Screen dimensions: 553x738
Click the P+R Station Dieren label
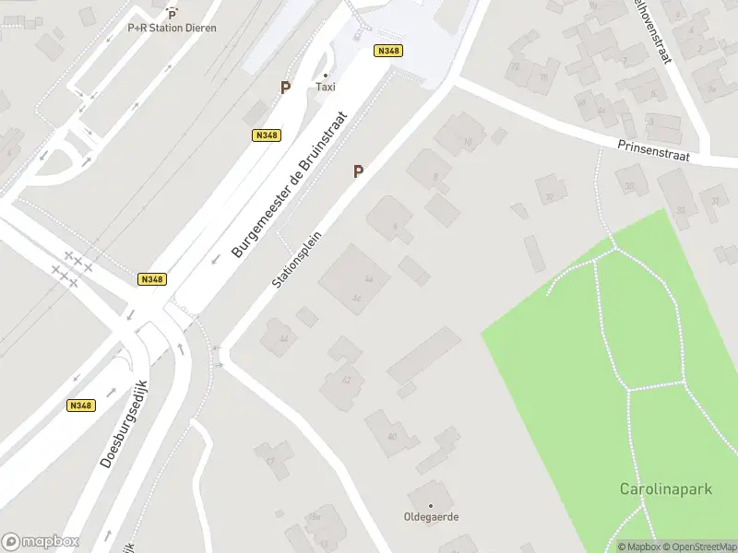click(172, 28)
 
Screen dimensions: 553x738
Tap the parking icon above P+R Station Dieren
click(172, 13)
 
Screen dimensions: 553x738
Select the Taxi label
click(326, 87)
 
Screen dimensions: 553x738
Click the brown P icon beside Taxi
click(286, 88)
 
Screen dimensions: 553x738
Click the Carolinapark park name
click(665, 488)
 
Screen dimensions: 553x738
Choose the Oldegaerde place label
click(431, 517)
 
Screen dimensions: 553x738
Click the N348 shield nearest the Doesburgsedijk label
click(81, 405)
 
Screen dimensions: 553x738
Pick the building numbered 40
click(390, 435)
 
